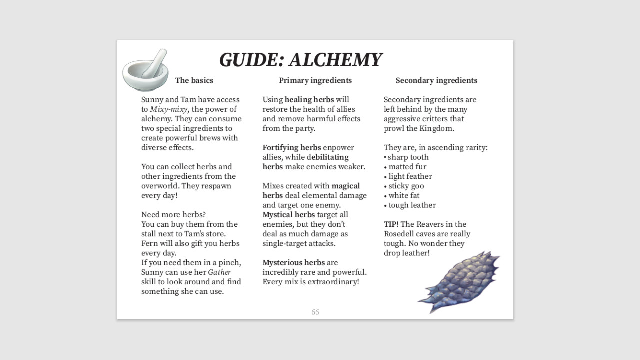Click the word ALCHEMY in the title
coord(335,60)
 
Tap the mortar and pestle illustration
coord(145,71)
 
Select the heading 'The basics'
coord(194,80)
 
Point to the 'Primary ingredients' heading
coord(315,80)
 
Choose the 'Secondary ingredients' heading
coord(436,80)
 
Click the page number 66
coord(315,312)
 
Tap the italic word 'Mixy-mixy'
coord(169,109)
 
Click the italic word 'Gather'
coord(219,272)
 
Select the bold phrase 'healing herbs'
coord(309,100)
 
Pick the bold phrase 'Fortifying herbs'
coord(292,148)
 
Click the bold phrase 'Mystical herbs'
coord(289,215)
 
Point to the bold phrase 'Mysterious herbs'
coord(294,263)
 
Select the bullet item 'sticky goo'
coord(406,186)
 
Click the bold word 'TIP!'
coord(391,224)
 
